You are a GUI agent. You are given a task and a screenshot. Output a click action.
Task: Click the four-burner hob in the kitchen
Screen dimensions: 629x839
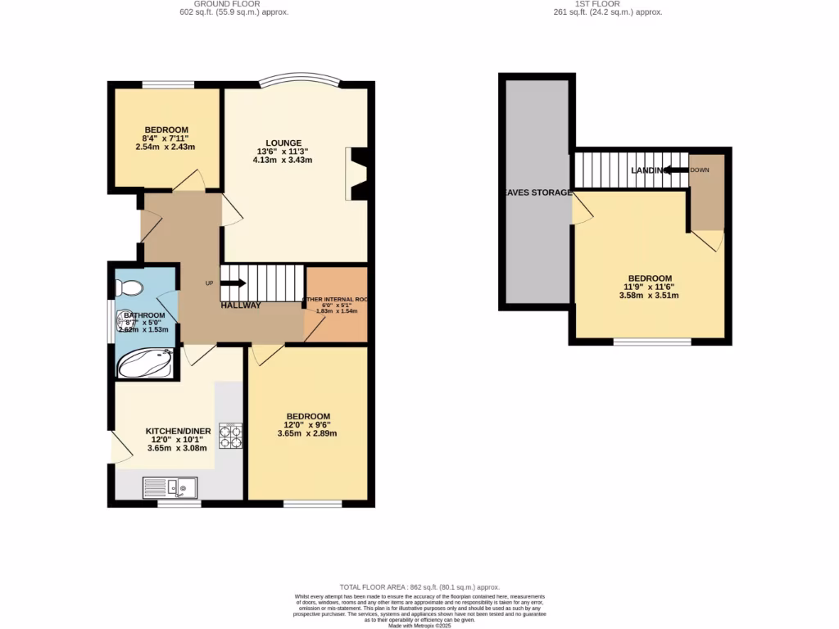(x=230, y=435)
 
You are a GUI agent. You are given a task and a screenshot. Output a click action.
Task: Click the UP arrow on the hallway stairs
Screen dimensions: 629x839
(x=233, y=283)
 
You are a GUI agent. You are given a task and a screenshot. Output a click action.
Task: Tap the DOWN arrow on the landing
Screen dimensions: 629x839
(x=673, y=170)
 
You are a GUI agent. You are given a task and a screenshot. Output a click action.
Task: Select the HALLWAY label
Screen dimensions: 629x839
(x=240, y=305)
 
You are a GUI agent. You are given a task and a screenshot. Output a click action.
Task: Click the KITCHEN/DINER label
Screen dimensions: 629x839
(x=178, y=431)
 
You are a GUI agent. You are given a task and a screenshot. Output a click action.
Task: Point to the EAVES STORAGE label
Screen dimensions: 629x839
(x=537, y=192)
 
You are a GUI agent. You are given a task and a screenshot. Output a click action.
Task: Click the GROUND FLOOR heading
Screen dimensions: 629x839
(x=234, y=4)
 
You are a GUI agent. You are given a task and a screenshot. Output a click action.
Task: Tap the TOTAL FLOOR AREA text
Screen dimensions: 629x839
(x=419, y=587)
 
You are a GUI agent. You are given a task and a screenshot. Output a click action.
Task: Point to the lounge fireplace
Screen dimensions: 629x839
(x=358, y=174)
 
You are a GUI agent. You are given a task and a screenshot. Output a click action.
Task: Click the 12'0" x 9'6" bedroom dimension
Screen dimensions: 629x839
(x=307, y=425)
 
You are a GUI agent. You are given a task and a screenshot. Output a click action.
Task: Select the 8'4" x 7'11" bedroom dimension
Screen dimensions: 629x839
(x=166, y=138)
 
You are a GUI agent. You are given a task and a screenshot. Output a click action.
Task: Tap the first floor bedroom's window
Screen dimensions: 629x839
(x=652, y=342)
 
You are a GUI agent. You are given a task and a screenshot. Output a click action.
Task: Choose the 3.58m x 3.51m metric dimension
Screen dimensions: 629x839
(x=650, y=296)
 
